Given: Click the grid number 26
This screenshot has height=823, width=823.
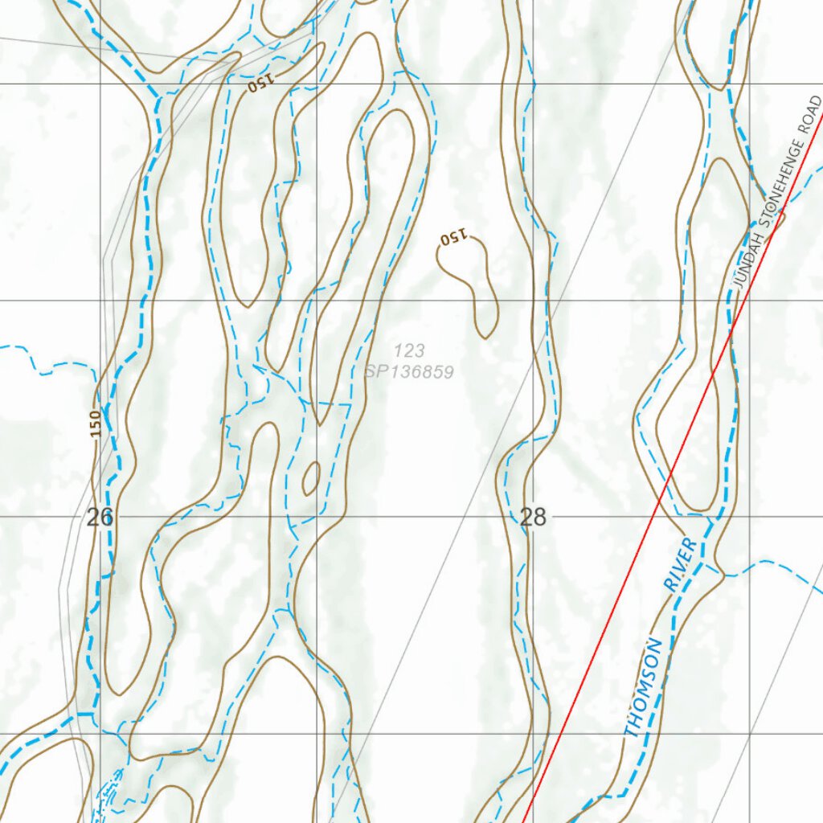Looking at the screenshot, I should (x=100, y=518).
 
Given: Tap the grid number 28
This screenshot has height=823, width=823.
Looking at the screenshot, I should (x=533, y=518).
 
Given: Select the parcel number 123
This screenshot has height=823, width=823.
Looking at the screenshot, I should (x=409, y=350).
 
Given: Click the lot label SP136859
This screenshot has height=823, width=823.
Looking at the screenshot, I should (x=409, y=372).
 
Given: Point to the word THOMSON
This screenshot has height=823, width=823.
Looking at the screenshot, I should (x=645, y=688).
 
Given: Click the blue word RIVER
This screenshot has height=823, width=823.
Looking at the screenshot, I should (x=681, y=566).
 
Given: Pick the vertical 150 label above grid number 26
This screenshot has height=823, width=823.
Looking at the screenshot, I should (x=96, y=424).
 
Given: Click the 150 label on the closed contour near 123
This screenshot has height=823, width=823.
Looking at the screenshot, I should (x=453, y=237).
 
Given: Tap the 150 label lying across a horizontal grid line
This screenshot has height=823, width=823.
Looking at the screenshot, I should (x=262, y=84).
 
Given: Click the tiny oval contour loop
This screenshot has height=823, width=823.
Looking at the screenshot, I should (x=310, y=479).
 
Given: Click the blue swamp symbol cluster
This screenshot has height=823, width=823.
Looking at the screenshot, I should (x=109, y=796).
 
